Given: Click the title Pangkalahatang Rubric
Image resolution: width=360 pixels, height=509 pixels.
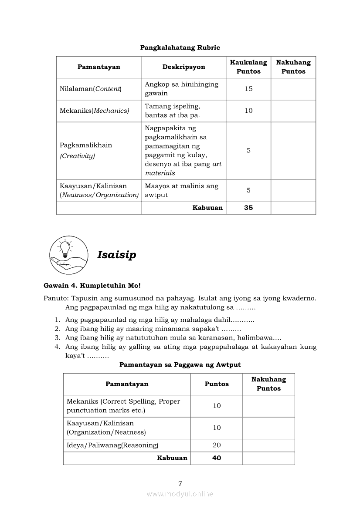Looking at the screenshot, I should tap(180, 47).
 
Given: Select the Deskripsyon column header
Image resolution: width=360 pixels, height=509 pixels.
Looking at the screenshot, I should tap(183, 67).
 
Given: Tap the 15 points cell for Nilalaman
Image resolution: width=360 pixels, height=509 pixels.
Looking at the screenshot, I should tap(248, 89).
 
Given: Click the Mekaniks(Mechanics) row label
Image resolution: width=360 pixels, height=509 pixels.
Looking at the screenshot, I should tap(94, 111).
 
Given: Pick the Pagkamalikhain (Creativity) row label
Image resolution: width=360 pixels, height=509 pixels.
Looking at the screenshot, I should tap(86, 150).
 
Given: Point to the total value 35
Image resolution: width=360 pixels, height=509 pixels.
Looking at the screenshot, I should tap(248, 208).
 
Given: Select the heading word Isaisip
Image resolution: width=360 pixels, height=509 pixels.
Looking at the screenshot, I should tap(116, 255).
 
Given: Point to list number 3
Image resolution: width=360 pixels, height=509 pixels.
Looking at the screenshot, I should tap(57, 337).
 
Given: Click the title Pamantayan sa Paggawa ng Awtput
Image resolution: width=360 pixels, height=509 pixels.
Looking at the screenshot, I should tap(180, 364).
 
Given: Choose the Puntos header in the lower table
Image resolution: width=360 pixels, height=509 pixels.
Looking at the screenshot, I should tap(217, 384).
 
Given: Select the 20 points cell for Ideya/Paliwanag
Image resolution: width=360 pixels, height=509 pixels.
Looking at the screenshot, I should tap(217, 445).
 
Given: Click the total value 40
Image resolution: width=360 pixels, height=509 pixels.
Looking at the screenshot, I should tap(217, 458).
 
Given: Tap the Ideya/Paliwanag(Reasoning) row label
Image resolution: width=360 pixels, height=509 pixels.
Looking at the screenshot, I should tap(112, 445).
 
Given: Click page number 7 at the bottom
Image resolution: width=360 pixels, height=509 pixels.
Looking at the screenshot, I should tap(180, 483).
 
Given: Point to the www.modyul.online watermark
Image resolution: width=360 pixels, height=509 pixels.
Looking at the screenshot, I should tap(180, 494).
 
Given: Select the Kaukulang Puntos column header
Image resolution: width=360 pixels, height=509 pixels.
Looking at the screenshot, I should tap(248, 67).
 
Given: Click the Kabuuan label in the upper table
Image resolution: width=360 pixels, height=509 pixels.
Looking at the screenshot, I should tap(207, 208).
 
